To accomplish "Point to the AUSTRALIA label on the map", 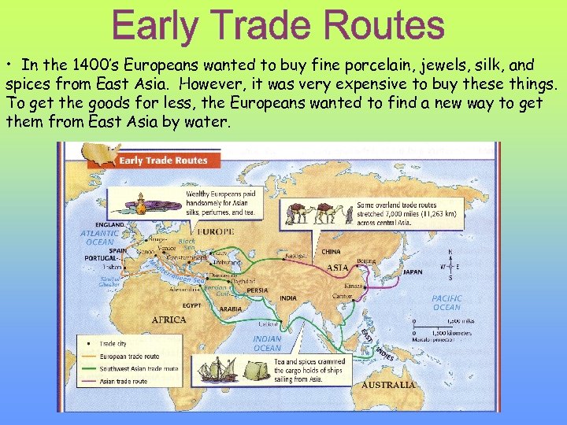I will pyautogui.click(x=387, y=385).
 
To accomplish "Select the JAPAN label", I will pyautogui.click(x=412, y=272).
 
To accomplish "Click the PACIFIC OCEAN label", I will pyautogui.click(x=447, y=303).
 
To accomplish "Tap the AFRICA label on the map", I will pyautogui.click(x=169, y=320).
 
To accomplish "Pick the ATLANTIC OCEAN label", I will pyautogui.click(x=99, y=237).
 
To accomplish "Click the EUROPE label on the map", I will pyautogui.click(x=215, y=231).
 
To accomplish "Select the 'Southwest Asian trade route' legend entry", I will pyautogui.click(x=138, y=368).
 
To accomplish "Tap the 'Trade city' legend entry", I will pyautogui.click(x=112, y=344).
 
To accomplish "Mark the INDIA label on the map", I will pyautogui.click(x=288, y=298).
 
